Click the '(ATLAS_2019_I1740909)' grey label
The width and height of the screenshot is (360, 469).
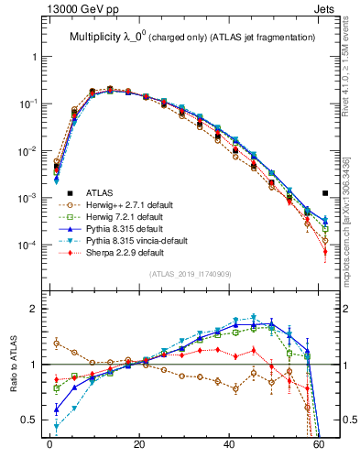[x=191, y=274]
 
